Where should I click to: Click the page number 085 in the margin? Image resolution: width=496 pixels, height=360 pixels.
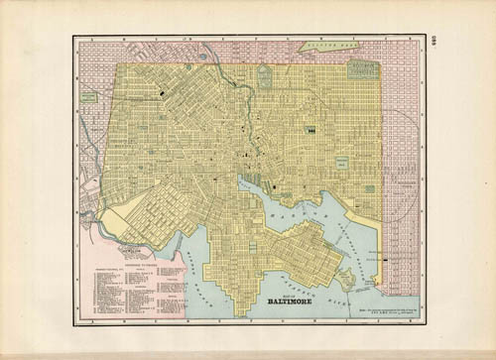(x=434, y=44)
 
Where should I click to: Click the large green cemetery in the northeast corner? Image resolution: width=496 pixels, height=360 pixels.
(x=363, y=69)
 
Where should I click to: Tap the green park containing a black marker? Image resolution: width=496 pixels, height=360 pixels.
(x=310, y=129)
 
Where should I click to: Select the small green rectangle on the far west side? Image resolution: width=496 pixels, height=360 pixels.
(x=89, y=97)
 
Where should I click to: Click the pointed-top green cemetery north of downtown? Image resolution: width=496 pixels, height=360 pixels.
(x=264, y=76)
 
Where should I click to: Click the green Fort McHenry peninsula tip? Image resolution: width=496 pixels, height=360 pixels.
(x=346, y=279)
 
